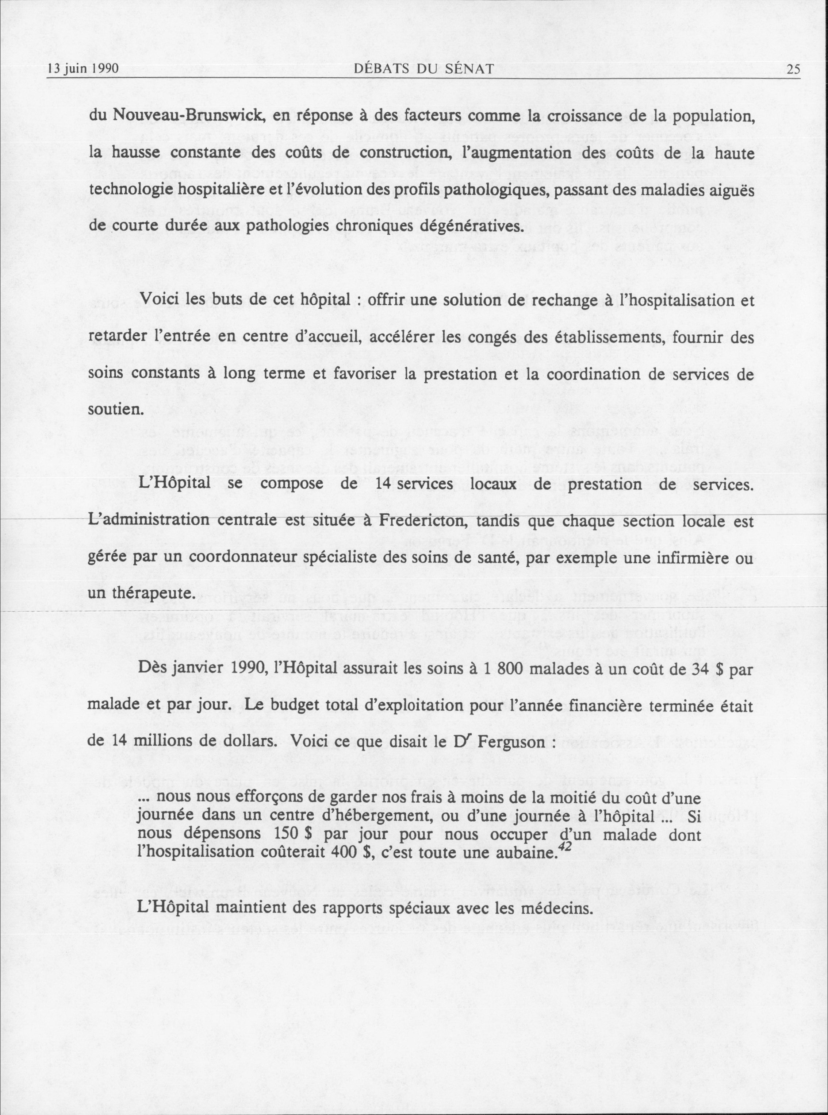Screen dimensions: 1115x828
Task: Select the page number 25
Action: tap(793, 69)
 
